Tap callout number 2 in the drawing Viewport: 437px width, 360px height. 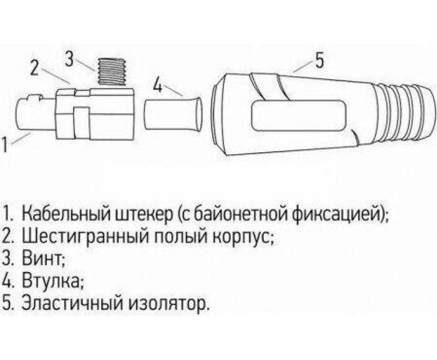(34, 67)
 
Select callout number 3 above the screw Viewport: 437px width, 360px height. (69, 58)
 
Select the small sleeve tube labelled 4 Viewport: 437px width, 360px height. (173, 114)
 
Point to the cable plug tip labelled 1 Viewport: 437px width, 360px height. (35, 114)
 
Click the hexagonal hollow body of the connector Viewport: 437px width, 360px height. (95, 114)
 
